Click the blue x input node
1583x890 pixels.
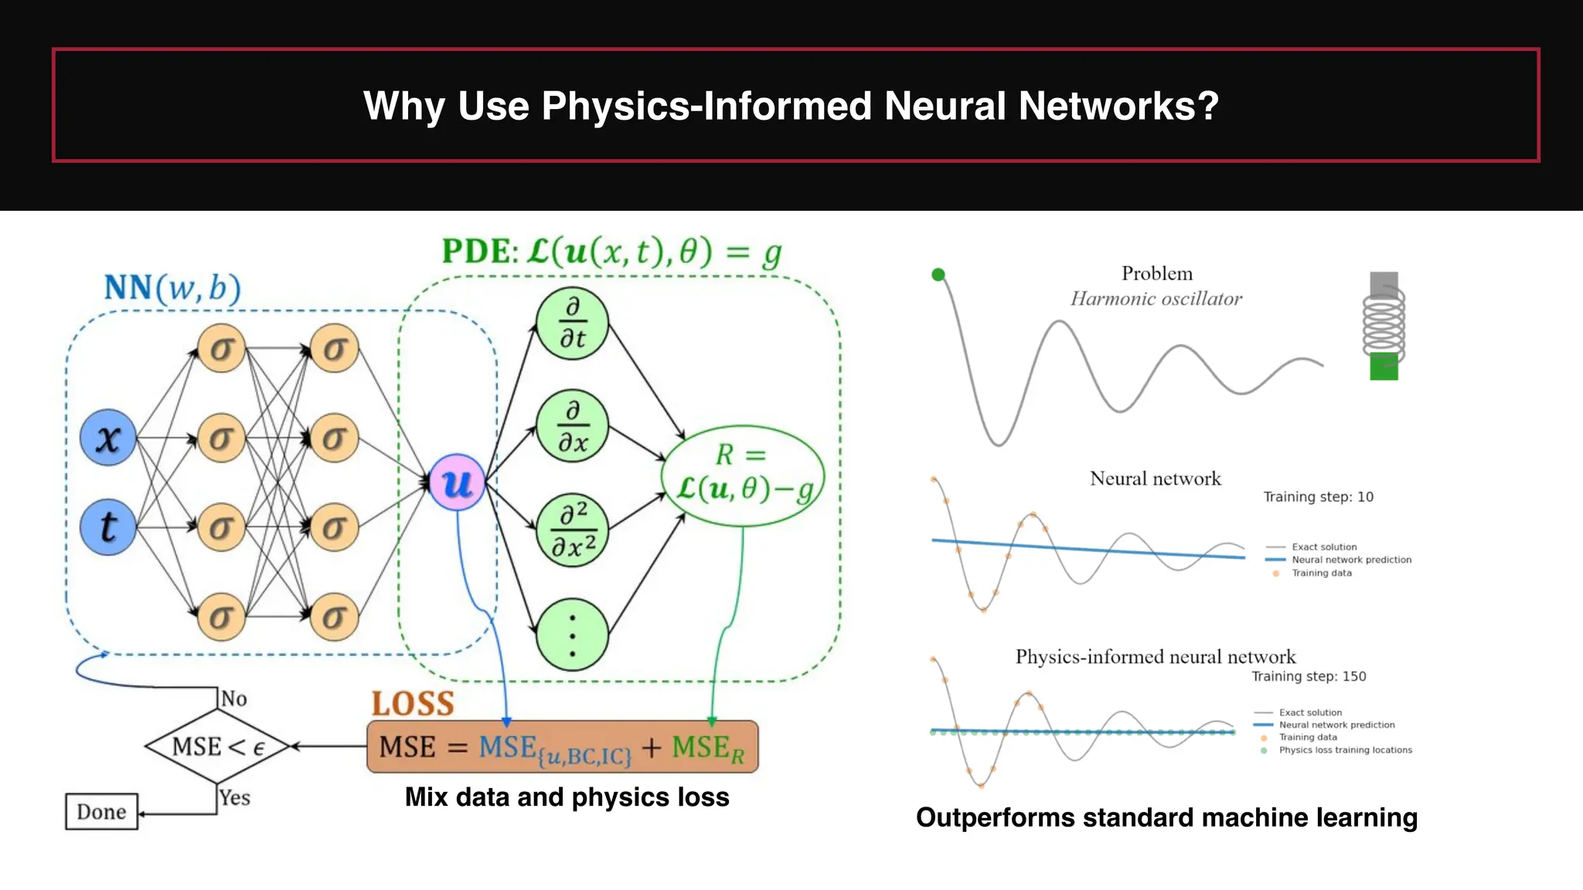coord(108,437)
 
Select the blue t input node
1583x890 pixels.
coord(108,527)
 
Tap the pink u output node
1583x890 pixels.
coord(457,483)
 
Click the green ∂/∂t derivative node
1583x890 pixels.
coord(572,323)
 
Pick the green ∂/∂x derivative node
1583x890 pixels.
coord(572,426)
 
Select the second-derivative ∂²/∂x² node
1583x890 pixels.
coord(572,530)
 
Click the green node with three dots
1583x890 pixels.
coord(572,634)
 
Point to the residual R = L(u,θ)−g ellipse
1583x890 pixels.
coord(743,475)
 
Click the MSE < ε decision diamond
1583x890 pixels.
coord(218,746)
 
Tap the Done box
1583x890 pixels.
coord(101,811)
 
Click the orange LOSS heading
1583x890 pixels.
coord(413,703)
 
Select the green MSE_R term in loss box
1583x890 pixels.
coord(707,748)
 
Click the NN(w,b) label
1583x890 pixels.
coord(172,287)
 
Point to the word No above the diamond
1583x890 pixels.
coord(233,698)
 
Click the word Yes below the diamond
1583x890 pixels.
coord(234,797)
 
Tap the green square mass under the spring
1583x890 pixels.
coord(1384,366)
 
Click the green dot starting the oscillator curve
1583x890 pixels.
coord(938,274)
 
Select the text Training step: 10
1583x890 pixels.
coord(1318,497)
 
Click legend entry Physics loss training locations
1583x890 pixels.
coord(1345,750)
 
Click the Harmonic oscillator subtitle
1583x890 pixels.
coord(1156,299)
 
